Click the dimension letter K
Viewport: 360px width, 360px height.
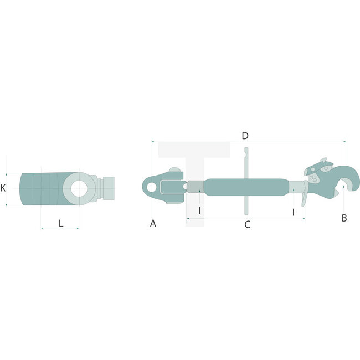click(x=3, y=188)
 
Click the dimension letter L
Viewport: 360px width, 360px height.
click(x=61, y=223)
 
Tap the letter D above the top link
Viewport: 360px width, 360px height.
click(x=245, y=136)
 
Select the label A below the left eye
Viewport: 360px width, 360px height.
click(x=153, y=223)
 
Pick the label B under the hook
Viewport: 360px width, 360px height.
click(x=344, y=218)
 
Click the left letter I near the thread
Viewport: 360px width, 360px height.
click(x=199, y=211)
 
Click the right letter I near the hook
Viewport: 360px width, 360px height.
click(x=294, y=211)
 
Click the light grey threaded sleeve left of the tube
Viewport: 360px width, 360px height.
click(x=194, y=187)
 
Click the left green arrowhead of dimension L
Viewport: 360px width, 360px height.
click(x=42, y=227)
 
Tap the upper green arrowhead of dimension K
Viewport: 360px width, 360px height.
click(x=6, y=173)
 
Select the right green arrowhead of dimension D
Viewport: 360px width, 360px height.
click(x=344, y=142)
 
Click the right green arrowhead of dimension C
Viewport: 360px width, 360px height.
click(x=304, y=219)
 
